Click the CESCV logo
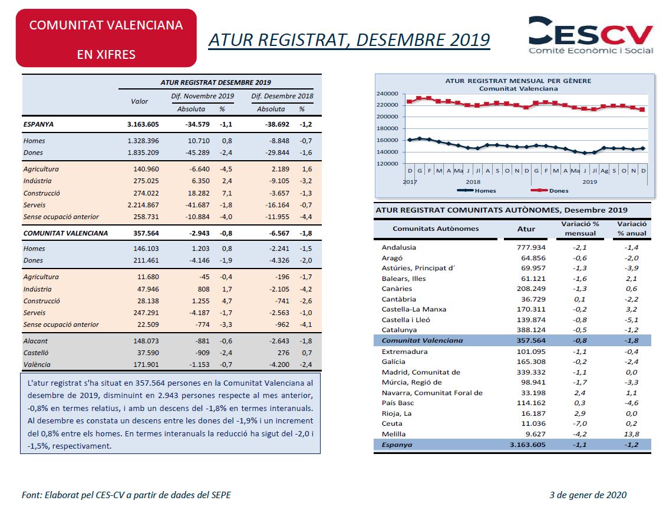click(591, 35)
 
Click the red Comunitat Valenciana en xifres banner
click(106, 38)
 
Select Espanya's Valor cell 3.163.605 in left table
click(143, 124)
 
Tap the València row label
click(37, 364)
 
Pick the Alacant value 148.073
click(146, 341)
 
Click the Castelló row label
click(36, 353)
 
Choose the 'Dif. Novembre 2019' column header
click(203, 96)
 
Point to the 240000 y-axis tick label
click(387, 94)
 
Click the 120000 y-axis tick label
click(387, 164)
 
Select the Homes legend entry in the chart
click(477, 191)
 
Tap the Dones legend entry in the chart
click(550, 191)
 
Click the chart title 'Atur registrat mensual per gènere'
click(518, 81)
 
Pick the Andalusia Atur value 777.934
click(531, 247)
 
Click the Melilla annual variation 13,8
click(632, 434)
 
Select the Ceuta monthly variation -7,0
click(580, 423)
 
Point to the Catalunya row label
click(399, 330)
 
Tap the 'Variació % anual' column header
click(632, 228)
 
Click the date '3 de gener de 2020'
click(588, 495)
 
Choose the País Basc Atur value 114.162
click(531, 403)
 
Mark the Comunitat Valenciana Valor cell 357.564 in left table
click(146, 233)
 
